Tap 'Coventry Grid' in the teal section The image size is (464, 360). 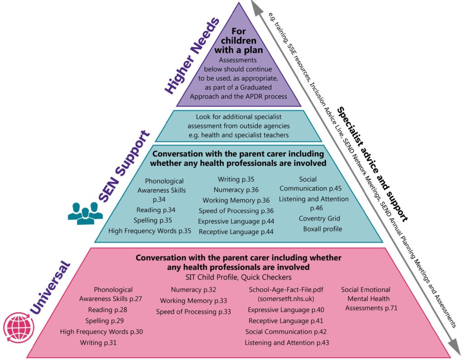point(319,219)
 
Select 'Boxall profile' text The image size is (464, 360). point(323,229)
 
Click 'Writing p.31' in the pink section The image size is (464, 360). point(98,343)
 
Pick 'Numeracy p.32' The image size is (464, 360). point(193,289)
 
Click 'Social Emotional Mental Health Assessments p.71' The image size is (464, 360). point(366,299)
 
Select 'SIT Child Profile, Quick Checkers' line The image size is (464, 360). point(238,276)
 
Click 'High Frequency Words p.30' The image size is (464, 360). point(101,332)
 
